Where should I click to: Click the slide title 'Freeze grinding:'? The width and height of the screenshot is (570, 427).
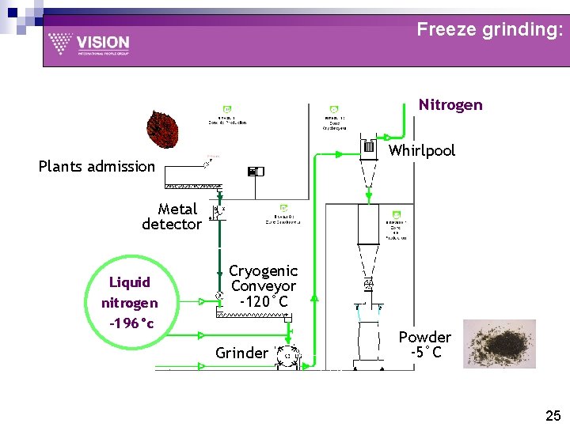tap(490, 30)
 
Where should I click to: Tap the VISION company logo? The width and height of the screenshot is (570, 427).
tap(89, 43)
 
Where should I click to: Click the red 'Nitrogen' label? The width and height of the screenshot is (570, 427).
tap(450, 105)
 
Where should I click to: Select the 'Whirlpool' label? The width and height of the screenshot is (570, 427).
tap(422, 150)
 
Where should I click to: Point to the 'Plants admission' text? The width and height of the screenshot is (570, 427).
tap(97, 166)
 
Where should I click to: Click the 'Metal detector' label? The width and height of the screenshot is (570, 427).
tap(173, 217)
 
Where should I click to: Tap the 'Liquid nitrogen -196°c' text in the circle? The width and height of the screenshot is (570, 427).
tap(130, 302)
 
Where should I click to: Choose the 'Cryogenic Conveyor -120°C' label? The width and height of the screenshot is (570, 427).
tap(263, 286)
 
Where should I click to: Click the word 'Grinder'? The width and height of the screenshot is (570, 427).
tap(241, 353)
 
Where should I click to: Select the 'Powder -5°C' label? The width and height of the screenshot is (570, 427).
tap(425, 345)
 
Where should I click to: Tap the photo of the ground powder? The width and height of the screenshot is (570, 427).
tap(500, 343)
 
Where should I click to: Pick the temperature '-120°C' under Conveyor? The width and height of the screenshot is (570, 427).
tap(263, 302)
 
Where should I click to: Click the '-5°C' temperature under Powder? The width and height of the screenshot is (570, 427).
tap(425, 353)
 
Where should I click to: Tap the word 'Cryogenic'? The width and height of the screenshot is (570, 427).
tap(263, 271)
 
